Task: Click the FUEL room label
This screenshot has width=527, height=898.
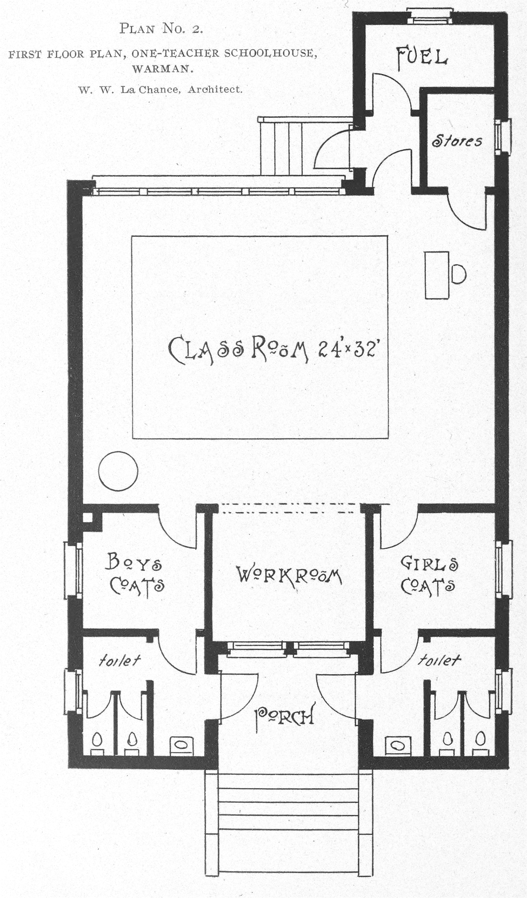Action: [x=422, y=58]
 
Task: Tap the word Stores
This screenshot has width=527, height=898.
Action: [x=457, y=141]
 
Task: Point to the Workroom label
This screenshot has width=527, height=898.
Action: [x=289, y=575]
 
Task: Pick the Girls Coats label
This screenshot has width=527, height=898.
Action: [x=429, y=575]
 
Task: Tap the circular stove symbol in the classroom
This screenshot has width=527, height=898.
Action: [x=118, y=471]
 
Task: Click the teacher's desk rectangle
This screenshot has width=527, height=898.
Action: [x=437, y=275]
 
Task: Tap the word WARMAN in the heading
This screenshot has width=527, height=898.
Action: [x=163, y=69]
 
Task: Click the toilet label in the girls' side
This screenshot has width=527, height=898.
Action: [x=439, y=660]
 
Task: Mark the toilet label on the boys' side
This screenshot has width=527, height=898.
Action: [x=120, y=660]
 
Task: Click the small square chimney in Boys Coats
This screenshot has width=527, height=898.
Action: [x=88, y=517]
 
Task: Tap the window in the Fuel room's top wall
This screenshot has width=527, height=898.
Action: [x=430, y=16]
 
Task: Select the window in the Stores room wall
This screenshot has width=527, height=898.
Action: [x=503, y=136]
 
